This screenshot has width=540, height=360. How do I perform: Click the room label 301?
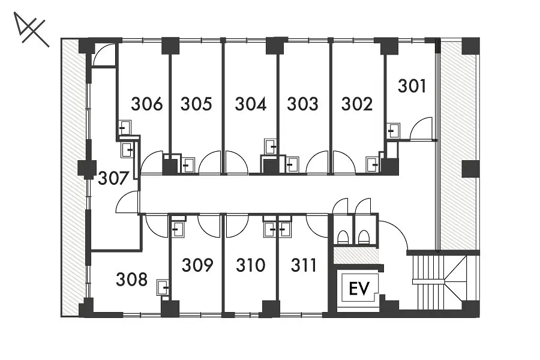pyautogui.click(x=412, y=86)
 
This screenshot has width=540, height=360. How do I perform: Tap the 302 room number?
pyautogui.click(x=357, y=104)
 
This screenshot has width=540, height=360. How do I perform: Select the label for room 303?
pyautogui.click(x=303, y=104)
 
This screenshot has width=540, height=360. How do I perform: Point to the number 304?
pyautogui.click(x=250, y=104)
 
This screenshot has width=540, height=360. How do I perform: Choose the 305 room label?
pyautogui.click(x=196, y=104)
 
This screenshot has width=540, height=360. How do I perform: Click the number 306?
pyautogui.click(x=147, y=104)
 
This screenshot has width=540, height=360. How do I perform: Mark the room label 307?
pyautogui.click(x=113, y=178)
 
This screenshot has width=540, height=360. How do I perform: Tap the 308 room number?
pyautogui.click(x=131, y=279)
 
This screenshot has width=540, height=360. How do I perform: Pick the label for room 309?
pyautogui.click(x=197, y=265)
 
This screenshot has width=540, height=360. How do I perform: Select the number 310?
pyautogui.click(x=251, y=265)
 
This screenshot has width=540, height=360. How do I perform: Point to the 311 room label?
pyautogui.click(x=304, y=265)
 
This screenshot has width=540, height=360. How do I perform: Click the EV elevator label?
pyautogui.click(x=359, y=289)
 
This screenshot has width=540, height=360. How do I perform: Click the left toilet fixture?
pyautogui.click(x=343, y=237)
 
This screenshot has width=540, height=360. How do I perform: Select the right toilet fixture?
pyautogui.click(x=364, y=237)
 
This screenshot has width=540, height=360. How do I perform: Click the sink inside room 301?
pyautogui.click(x=393, y=131)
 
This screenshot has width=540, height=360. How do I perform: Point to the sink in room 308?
pyautogui.click(x=163, y=287)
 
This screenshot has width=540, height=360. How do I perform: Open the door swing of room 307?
pyautogui.click(x=127, y=202)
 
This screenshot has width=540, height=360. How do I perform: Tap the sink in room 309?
pyautogui.click(x=178, y=229)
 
